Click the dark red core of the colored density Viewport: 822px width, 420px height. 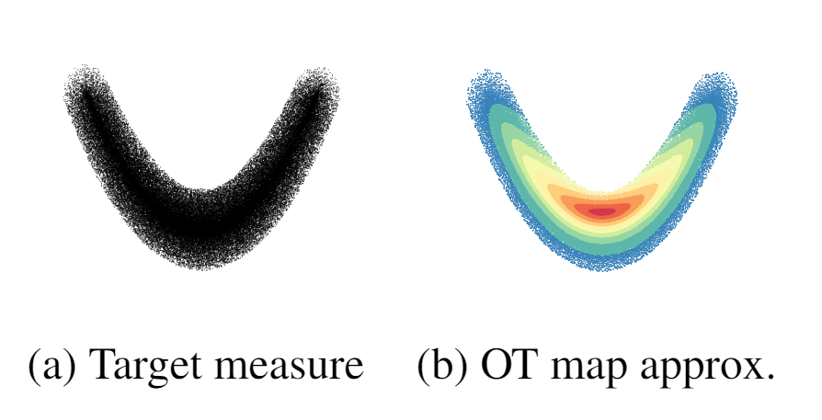601,211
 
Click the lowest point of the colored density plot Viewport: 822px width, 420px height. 602,269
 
